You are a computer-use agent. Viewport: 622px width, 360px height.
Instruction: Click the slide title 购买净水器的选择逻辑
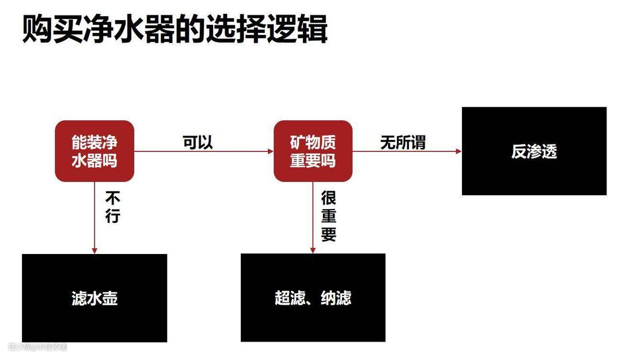175,29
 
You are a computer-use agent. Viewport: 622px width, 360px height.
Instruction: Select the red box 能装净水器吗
94,151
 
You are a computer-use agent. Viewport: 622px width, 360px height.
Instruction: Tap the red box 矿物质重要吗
313,151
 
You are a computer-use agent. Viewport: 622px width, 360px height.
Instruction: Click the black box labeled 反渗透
534,151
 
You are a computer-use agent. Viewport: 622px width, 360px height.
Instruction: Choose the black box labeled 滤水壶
94,298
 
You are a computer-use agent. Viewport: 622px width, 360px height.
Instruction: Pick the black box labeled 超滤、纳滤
313,298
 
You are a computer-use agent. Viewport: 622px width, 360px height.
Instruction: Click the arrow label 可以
198,142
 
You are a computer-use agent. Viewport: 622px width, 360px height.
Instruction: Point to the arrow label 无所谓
403,142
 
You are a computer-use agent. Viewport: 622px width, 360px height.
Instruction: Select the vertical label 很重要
328,216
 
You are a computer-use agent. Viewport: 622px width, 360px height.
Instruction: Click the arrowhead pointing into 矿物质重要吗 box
270,151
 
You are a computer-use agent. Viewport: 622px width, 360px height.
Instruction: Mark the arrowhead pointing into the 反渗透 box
458,151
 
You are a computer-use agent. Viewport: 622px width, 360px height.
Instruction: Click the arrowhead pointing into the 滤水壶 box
94,251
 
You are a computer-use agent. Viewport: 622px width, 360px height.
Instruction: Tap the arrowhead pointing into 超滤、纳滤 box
313,250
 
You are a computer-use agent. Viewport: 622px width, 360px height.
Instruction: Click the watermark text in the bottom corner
37,347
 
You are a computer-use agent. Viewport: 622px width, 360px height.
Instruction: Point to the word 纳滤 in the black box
336,298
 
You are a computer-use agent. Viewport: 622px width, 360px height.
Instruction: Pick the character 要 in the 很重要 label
328,234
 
